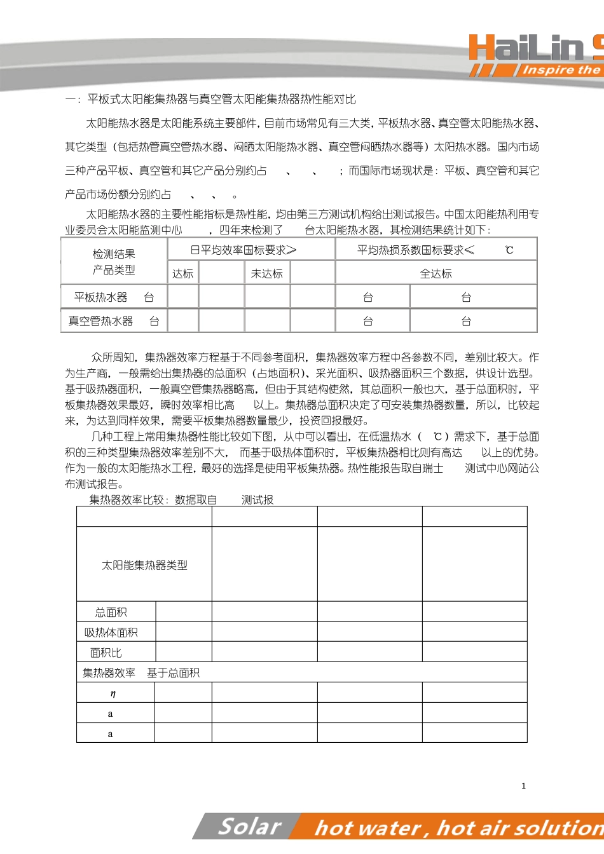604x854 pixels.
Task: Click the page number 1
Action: pyautogui.click(x=523, y=786)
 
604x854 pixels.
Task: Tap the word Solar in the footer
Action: pyautogui.click(x=249, y=827)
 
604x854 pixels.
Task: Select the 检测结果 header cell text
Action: pyautogui.click(x=114, y=254)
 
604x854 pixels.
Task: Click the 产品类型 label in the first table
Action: pyautogui.click(x=114, y=270)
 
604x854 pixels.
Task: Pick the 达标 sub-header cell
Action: pyautogui.click(x=182, y=274)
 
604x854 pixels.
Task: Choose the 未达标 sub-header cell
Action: pyautogui.click(x=267, y=274)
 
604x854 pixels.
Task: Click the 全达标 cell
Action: pyautogui.click(x=436, y=274)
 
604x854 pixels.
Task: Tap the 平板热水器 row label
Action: pyautogui.click(x=101, y=297)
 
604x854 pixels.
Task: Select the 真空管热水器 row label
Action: pyautogui.click(x=101, y=322)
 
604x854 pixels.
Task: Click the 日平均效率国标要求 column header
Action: pyautogui.click(x=244, y=250)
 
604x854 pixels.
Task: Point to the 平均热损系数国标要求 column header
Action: pyautogui.click(x=416, y=250)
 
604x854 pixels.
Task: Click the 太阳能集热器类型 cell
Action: pyautogui.click(x=144, y=565)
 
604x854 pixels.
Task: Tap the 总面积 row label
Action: pyautogui.click(x=111, y=613)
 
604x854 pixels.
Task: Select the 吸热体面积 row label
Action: pyautogui.click(x=111, y=633)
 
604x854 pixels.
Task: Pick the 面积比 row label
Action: pyautogui.click(x=106, y=653)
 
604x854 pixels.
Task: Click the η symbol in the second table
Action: pyautogui.click(x=113, y=694)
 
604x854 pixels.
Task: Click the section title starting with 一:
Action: pyautogui.click(x=210, y=99)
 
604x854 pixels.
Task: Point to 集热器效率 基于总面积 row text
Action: pyautogui.click(x=141, y=673)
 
